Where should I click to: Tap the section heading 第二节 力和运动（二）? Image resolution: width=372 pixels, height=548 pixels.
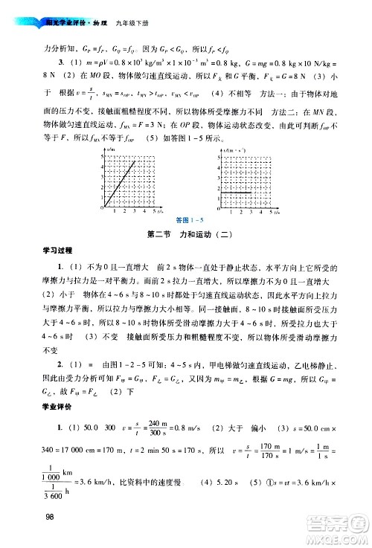185,236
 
